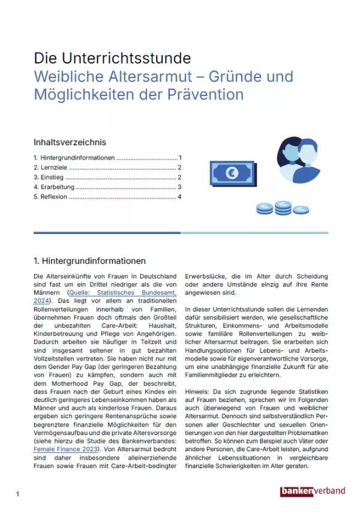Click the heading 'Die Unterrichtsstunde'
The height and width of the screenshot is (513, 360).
[112, 58]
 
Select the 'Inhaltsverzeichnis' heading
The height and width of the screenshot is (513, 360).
[70, 142]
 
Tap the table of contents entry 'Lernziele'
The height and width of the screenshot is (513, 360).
[53, 168]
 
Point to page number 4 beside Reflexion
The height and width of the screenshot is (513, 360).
[179, 197]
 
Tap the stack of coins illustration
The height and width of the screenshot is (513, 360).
[274, 208]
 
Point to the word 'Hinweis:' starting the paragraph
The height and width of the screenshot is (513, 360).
[197, 391]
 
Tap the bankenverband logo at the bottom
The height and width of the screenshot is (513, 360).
[313, 491]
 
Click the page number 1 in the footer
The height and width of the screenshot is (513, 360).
[18, 494]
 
